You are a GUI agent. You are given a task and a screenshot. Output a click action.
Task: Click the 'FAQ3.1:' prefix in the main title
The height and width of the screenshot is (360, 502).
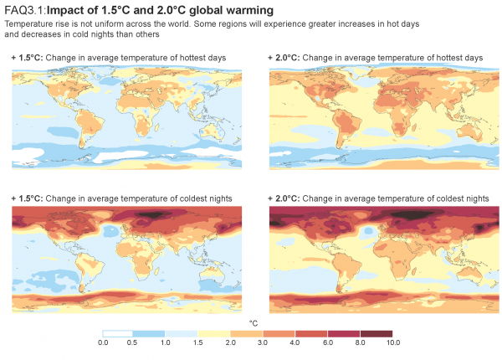point(25,10)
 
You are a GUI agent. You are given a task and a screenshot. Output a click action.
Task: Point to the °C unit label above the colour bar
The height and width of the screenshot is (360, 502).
point(253,322)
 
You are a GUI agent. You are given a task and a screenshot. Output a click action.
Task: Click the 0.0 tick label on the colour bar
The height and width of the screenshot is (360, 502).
point(104,342)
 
